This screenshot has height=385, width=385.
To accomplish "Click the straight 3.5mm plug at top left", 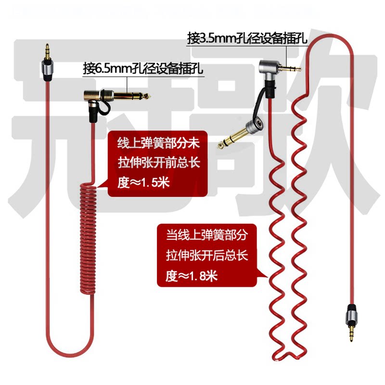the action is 47,63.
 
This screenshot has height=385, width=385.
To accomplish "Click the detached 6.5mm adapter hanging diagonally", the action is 236,134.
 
